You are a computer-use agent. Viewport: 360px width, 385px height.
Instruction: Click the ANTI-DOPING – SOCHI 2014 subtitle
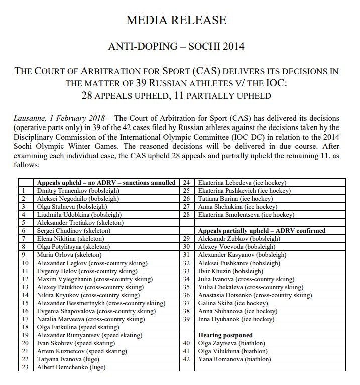[x=180, y=47]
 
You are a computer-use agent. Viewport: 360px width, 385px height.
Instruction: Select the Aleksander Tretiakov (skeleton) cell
[x=80, y=222]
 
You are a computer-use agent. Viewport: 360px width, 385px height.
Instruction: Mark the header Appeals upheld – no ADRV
[x=105, y=183]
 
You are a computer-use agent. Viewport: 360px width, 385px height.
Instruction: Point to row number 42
[x=186, y=359]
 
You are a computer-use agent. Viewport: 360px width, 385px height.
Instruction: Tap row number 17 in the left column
[x=24, y=319]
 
